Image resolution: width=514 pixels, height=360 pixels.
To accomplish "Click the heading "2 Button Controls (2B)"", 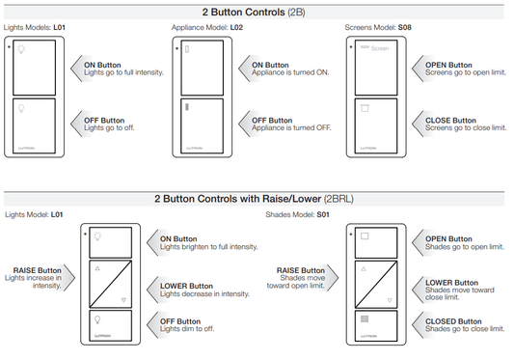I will pyautogui.click(x=257, y=11).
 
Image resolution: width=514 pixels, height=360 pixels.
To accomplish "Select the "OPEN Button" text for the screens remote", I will pyautogui.click(x=448, y=65).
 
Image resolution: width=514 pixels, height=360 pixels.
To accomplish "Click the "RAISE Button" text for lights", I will pyautogui.click(x=36, y=270).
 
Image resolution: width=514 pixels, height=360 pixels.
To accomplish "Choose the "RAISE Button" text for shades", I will pyautogui.click(x=302, y=270).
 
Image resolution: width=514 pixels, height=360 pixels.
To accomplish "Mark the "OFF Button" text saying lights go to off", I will pyautogui.click(x=97, y=121).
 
